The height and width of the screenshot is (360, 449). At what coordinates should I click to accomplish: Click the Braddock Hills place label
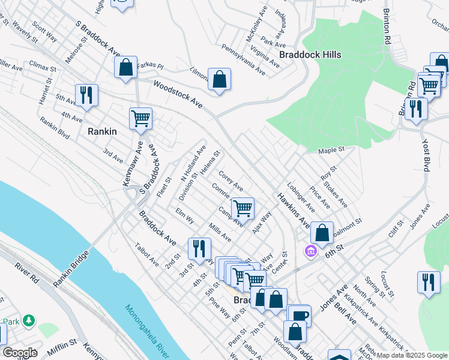[310, 55]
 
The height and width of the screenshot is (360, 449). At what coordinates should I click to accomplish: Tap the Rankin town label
[101, 131]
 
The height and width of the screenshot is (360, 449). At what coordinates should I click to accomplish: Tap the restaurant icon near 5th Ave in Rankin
[86, 95]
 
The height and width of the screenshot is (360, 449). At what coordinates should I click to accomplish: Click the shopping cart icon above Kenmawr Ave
[140, 118]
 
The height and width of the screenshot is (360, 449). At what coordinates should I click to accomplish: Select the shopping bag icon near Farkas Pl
[126, 67]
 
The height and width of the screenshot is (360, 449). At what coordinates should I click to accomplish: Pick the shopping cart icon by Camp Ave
[243, 208]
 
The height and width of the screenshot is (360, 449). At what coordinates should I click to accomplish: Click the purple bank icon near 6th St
[310, 250]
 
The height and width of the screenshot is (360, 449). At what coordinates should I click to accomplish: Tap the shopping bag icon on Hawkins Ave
[322, 233]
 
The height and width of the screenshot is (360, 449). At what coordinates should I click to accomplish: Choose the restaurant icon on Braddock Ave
[199, 248]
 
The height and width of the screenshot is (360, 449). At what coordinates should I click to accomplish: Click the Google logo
[20, 352]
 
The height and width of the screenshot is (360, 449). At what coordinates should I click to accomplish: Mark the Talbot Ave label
[147, 254]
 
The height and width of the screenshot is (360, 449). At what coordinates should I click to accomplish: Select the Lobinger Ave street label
[301, 198]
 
